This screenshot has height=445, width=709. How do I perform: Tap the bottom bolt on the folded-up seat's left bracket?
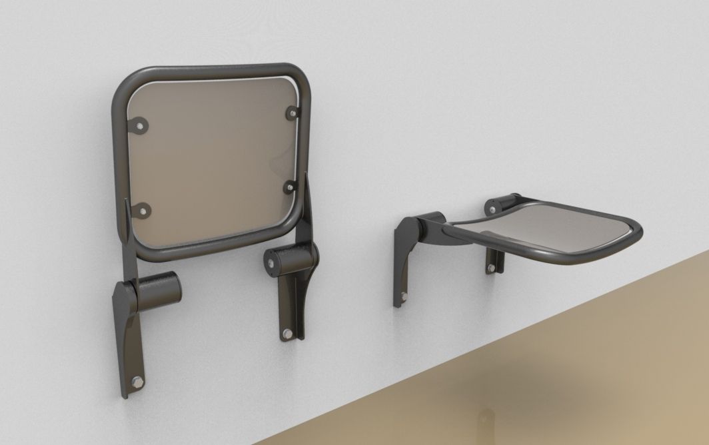tap(138, 381)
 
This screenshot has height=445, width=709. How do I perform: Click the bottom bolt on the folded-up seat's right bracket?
tap(287, 332)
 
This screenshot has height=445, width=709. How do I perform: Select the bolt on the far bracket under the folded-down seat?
tap(492, 268)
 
